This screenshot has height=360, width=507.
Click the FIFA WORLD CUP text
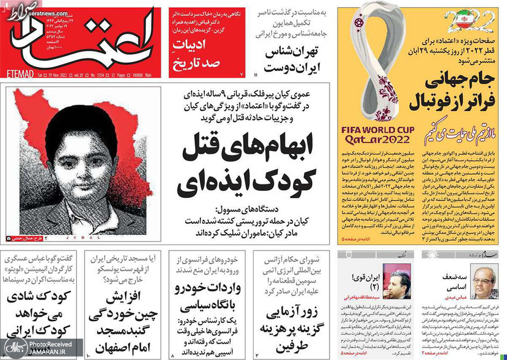[378, 129]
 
